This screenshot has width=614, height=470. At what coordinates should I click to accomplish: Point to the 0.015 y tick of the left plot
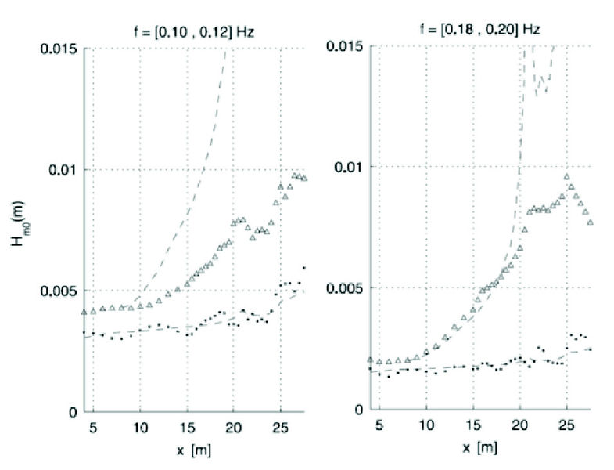click(57, 49)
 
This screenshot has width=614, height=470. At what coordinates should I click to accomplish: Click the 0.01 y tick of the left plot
click(62, 170)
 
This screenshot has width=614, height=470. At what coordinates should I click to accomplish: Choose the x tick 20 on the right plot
click(520, 428)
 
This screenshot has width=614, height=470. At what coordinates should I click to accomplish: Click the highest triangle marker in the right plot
click(567, 176)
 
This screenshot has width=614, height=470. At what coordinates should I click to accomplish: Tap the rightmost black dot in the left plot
click(303, 268)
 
